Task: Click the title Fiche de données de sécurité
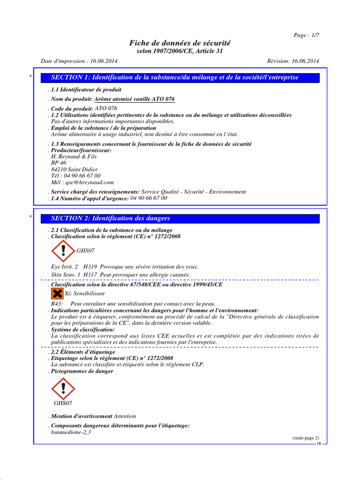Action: point(180,43)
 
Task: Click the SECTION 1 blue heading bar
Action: point(180,77)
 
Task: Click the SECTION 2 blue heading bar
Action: point(180,218)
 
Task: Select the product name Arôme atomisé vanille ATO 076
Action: point(135,99)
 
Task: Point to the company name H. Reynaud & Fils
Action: point(74,157)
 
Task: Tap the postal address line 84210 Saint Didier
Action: point(75,170)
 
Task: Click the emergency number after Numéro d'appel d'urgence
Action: point(149,198)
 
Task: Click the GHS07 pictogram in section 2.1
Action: point(62,251)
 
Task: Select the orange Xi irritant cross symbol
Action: point(57,293)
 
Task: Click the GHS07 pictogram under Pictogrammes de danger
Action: point(62,389)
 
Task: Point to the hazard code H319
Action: point(90,267)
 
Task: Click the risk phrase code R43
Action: point(57,304)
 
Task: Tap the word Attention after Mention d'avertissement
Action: point(125,416)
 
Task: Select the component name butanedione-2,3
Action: point(71,432)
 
